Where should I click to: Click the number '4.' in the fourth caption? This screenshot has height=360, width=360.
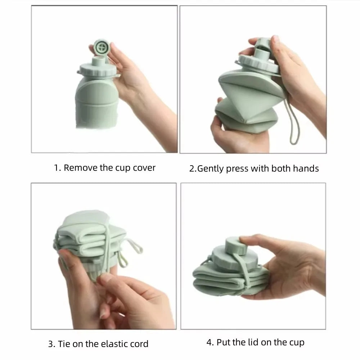210,342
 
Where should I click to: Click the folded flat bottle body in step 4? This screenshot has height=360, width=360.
216,281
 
